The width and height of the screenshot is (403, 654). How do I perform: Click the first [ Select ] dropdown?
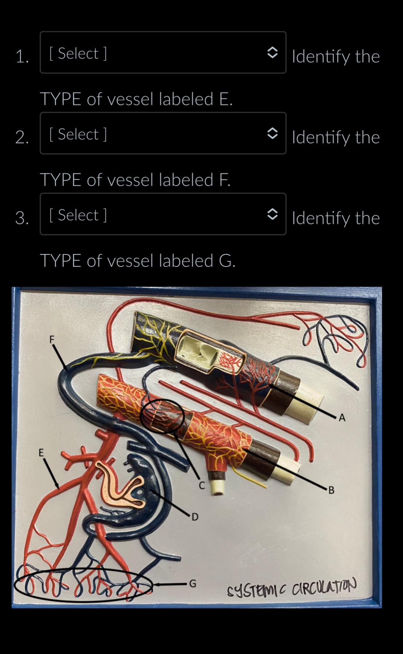coord(163,52)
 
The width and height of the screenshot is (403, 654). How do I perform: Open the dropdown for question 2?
coord(163,133)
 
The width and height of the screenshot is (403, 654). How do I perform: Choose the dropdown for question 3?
coord(163,214)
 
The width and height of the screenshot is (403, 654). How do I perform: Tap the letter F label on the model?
coord(52,339)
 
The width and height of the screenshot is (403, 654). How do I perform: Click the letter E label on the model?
coord(41,453)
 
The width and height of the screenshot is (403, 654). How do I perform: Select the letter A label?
coord(342,418)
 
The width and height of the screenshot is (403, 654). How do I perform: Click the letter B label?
coord(331,490)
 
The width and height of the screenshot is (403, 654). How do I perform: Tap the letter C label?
coord(202,485)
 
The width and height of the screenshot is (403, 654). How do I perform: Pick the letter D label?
coord(195,517)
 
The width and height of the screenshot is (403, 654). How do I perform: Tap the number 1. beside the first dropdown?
coord(22,57)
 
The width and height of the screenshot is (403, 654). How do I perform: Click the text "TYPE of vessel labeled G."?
coord(138,260)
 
